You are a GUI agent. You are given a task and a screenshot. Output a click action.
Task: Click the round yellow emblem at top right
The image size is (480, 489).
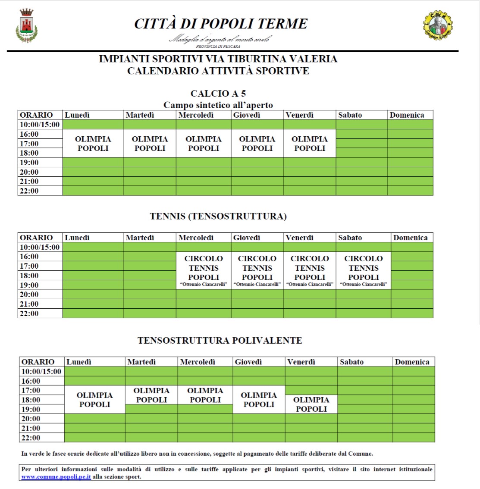[x=438, y=25]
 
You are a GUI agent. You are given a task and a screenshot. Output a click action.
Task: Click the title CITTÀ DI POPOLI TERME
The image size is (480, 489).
[x=221, y=23]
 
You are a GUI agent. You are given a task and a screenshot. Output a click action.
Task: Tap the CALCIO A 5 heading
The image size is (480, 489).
[x=218, y=94]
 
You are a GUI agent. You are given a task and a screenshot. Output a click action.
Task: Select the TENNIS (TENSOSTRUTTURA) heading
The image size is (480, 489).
[x=218, y=216]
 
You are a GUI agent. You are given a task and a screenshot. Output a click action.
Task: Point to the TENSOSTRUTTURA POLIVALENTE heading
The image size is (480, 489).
[x=220, y=340]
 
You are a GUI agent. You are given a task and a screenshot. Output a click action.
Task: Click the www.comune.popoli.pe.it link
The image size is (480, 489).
[x=56, y=477]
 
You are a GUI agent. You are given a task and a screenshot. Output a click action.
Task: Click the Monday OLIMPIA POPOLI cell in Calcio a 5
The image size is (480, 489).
[x=93, y=144]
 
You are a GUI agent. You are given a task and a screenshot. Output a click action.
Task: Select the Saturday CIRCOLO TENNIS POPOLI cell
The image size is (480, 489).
[x=364, y=270]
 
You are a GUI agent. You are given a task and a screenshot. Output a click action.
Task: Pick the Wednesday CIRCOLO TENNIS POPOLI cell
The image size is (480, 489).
[x=204, y=270]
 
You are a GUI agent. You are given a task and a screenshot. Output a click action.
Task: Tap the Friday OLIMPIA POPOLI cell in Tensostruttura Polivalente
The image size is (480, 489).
[x=311, y=404]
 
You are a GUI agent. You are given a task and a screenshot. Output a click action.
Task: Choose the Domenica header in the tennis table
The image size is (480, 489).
[x=410, y=238]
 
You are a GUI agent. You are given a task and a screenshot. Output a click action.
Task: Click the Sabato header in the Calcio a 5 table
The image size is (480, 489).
[x=350, y=115]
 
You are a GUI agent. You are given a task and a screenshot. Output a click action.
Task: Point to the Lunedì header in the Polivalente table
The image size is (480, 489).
[x=79, y=362]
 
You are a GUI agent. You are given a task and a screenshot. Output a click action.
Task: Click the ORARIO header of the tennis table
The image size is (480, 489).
[x=37, y=238]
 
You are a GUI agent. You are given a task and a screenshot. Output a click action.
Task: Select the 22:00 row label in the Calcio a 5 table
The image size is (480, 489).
[x=29, y=191]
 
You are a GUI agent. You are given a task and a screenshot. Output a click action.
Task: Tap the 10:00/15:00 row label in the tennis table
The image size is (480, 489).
[x=40, y=247]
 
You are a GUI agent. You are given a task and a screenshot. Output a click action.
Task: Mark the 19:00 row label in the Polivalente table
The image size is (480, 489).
[x=31, y=409]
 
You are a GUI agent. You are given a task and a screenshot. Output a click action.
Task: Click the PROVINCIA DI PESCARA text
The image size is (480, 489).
[x=218, y=46]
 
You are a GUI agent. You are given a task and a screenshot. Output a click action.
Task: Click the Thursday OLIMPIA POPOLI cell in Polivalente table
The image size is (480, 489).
[x=259, y=400]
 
